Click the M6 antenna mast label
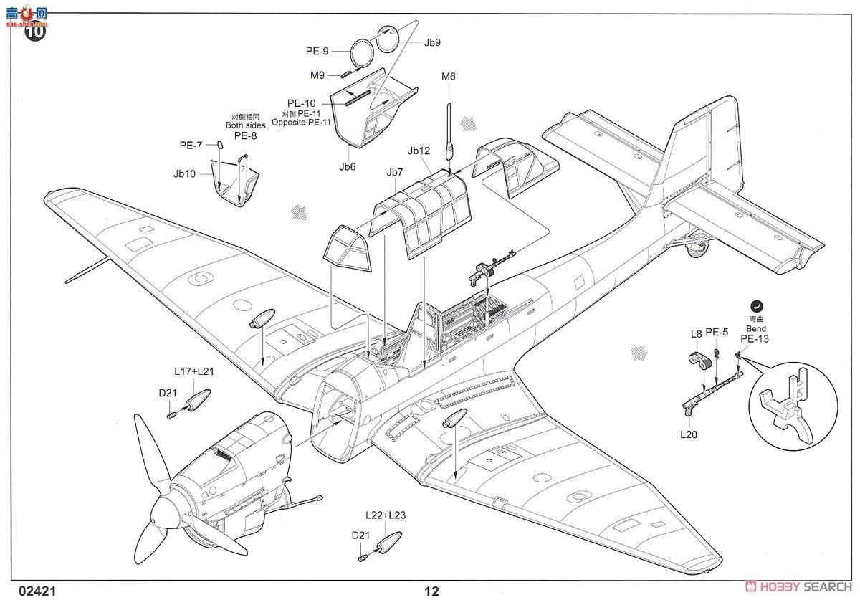click(x=449, y=77)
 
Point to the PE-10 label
click(x=302, y=103)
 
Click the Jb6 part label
click(x=348, y=166)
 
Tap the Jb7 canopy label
click(x=395, y=172)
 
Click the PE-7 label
click(x=191, y=146)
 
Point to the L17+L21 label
click(x=194, y=371)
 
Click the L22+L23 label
click(x=385, y=516)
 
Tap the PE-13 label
click(x=754, y=339)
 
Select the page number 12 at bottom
click(x=431, y=591)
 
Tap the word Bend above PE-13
click(x=755, y=328)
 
